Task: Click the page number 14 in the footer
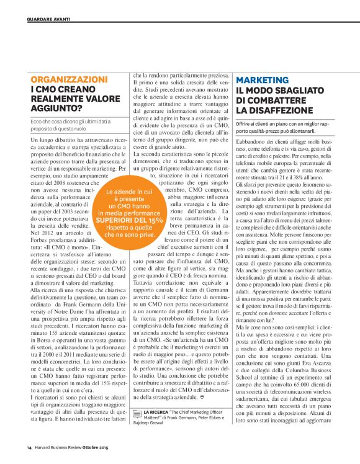pyautogui.click(x=29, y=447)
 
